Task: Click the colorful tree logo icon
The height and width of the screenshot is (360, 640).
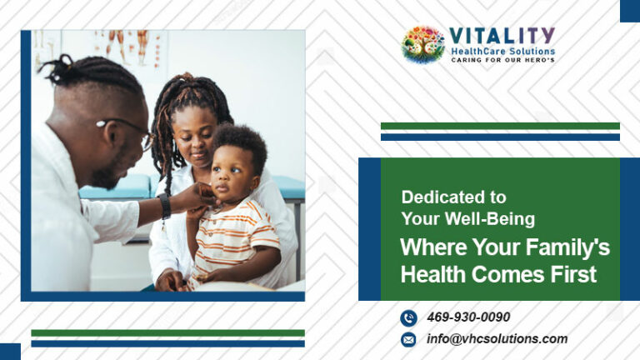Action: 423,44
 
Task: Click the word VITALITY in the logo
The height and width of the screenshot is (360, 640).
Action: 502,37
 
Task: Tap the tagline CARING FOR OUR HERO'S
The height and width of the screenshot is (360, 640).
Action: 502,60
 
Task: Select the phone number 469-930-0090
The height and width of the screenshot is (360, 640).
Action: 468,317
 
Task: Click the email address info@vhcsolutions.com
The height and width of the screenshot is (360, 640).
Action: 497,339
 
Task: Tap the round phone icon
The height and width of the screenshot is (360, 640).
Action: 408,318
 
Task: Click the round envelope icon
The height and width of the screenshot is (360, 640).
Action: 408,340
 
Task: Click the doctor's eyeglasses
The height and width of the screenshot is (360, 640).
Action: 127,132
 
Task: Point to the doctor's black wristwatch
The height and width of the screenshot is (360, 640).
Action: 164,206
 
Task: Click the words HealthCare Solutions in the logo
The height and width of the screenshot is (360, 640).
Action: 502,52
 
